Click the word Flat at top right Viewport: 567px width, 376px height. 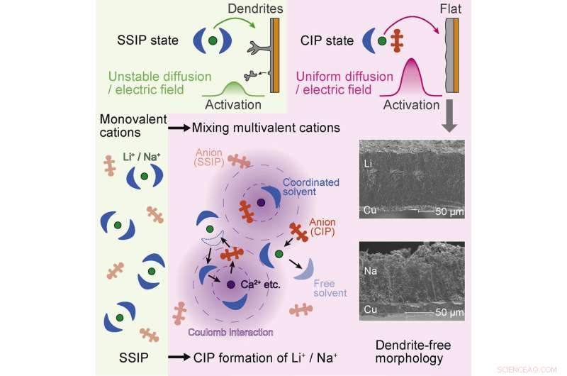452,10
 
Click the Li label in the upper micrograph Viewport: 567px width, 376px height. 367,164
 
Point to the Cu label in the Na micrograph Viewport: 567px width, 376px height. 369,311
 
